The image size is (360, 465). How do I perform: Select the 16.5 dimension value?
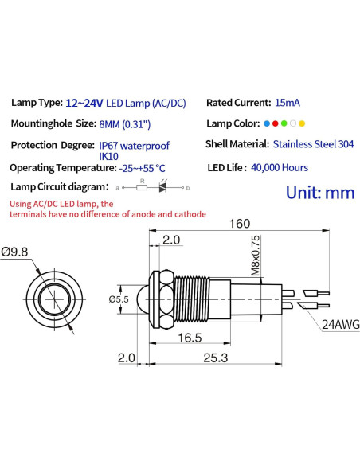(189, 338)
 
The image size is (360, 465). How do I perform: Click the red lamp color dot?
(274, 124)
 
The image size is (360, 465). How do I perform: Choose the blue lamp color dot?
(266, 124)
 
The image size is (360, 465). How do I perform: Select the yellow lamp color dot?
(302, 124)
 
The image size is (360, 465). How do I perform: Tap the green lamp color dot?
(284, 124)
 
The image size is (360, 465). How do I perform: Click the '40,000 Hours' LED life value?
(280, 167)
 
